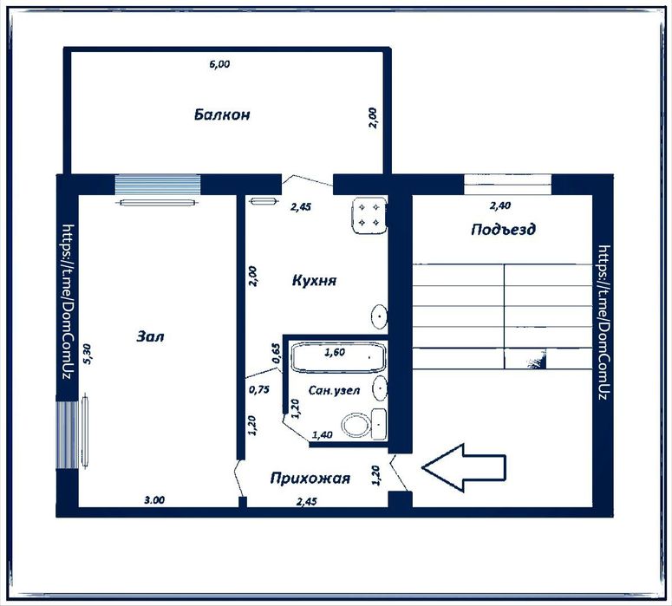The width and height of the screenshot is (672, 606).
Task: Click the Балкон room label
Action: point(222,114)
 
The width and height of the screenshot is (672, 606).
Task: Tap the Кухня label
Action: point(314,281)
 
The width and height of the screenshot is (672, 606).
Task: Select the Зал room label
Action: point(150,336)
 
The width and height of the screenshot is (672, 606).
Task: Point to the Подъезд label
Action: point(503,229)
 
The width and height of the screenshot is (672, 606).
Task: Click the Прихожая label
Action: point(310,479)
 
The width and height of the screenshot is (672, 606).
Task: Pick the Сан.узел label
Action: point(335,390)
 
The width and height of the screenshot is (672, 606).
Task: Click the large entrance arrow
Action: point(464,467)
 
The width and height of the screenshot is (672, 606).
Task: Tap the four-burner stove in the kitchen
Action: point(369,215)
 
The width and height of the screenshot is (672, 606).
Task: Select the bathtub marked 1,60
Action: point(339,357)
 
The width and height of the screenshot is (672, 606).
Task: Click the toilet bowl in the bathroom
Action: point(356,425)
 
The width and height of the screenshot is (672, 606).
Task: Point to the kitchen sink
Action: point(379,316)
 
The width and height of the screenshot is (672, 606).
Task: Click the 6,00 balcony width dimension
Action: point(219,64)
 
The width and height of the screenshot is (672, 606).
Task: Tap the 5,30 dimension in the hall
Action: point(88,354)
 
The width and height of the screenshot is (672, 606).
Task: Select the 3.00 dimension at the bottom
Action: point(154,499)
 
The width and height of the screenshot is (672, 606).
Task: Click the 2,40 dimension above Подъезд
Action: point(500,205)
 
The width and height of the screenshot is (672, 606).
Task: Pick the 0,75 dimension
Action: point(259,389)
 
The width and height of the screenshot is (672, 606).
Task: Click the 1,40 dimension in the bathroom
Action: point(323,435)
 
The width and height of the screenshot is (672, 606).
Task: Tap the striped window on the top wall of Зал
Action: point(158,185)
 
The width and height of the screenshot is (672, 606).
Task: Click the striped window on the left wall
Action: point(68,434)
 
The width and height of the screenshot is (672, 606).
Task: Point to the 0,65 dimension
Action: point(277,354)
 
